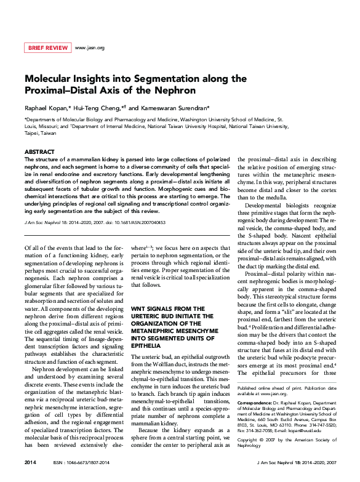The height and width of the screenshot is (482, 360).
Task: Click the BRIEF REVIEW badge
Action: tap(47, 47)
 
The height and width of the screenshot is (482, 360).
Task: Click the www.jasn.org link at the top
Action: tap(89, 47)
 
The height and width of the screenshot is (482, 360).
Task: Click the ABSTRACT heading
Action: tap(39, 151)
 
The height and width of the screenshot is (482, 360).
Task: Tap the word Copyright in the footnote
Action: tap(249, 440)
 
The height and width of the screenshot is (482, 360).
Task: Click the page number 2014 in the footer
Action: tap(30, 462)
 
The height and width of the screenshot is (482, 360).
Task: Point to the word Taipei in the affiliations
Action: tap(32, 132)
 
